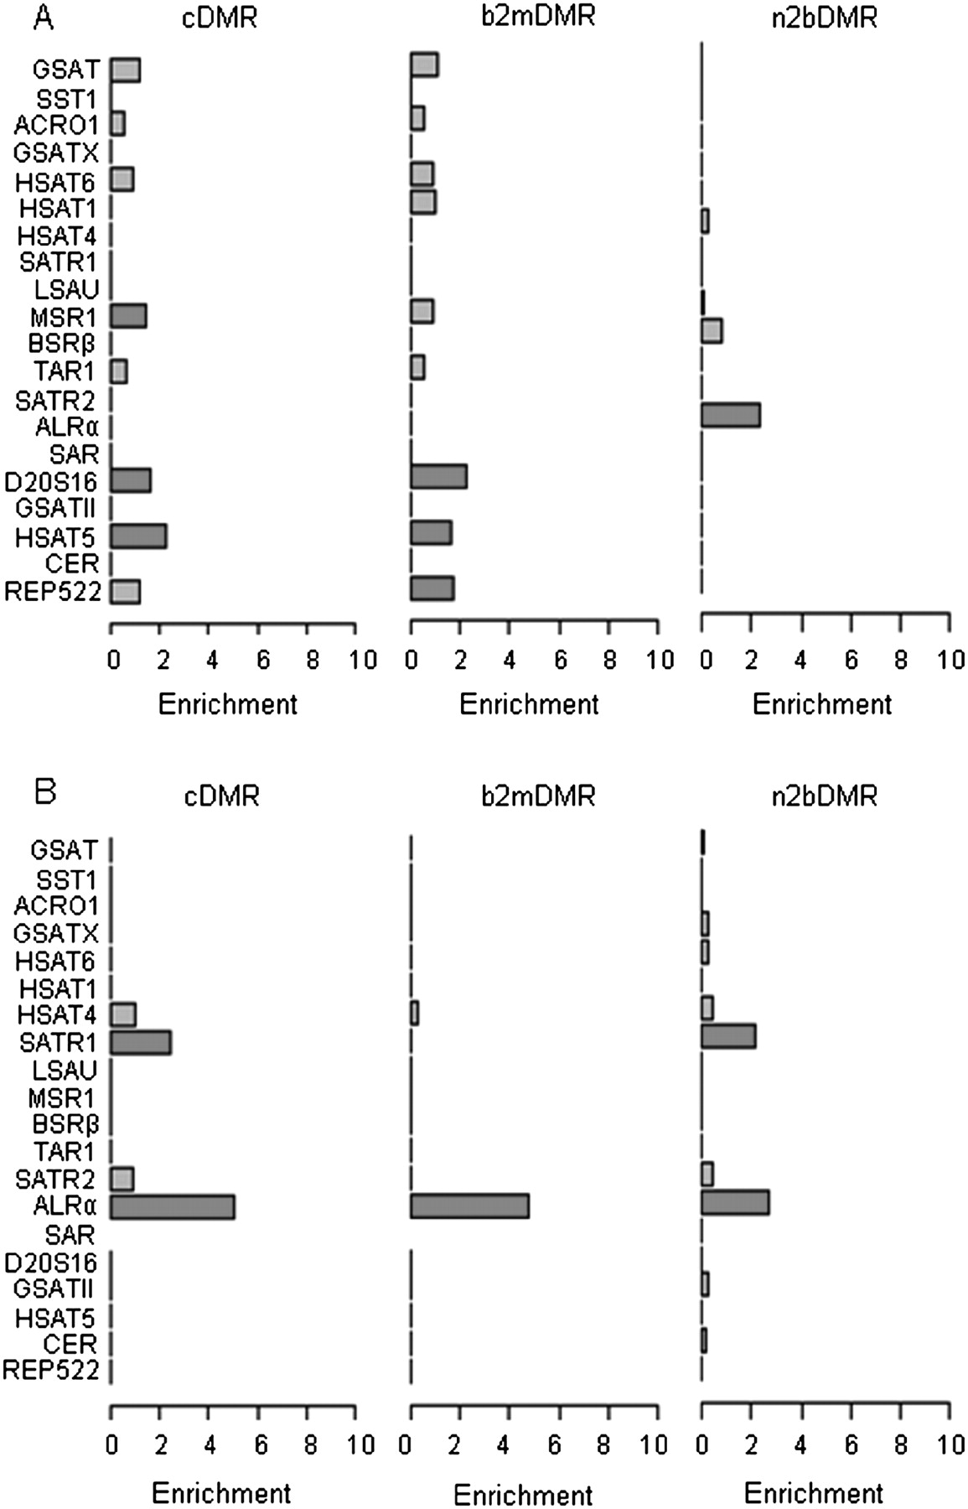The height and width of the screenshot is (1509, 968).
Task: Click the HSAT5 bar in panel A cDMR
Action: click(138, 537)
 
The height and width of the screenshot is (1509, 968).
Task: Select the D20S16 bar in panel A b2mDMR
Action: click(438, 476)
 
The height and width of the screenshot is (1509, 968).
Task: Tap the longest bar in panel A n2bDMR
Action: click(730, 415)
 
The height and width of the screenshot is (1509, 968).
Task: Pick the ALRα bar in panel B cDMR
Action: click(173, 1207)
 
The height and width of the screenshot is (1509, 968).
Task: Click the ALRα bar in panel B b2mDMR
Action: click(469, 1206)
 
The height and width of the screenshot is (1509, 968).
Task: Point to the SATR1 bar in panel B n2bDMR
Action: click(728, 1036)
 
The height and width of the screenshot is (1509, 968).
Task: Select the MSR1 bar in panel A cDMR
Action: click(128, 316)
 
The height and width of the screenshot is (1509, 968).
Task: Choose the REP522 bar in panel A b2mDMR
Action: click(432, 589)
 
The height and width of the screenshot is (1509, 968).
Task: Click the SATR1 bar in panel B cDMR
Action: click(141, 1043)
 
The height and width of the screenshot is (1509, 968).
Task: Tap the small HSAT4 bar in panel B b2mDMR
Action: click(414, 1014)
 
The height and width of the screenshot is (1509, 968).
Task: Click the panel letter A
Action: click(43, 18)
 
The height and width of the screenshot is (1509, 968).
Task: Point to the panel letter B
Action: click(45, 791)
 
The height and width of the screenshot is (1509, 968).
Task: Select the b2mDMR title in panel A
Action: click(538, 16)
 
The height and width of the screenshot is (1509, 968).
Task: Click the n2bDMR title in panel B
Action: click(824, 795)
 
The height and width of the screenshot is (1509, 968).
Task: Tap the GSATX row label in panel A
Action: click(56, 153)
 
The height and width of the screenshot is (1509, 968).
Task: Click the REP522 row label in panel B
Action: click(52, 1371)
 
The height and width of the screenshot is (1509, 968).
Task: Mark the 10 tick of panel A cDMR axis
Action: click(362, 660)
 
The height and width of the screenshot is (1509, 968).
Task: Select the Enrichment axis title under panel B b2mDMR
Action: click(523, 1495)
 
